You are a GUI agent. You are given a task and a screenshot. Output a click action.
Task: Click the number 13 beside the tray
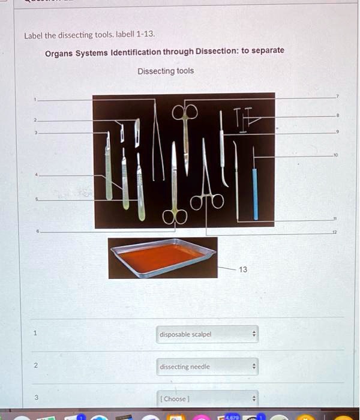click(x=242, y=269)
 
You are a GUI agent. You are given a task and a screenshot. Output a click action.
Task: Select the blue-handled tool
click(x=255, y=192)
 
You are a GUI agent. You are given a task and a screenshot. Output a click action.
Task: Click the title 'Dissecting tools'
click(x=166, y=71)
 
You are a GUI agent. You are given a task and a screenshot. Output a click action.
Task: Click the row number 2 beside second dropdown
click(x=35, y=365)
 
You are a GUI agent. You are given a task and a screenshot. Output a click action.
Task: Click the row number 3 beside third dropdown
click(x=35, y=397)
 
